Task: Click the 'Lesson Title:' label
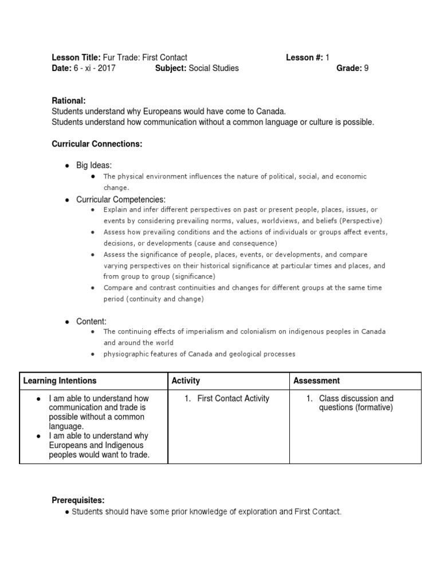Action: click(x=76, y=57)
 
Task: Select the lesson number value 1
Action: click(x=327, y=57)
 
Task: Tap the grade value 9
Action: click(x=366, y=68)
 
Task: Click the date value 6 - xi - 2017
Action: click(x=95, y=68)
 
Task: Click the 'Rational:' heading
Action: click(x=68, y=101)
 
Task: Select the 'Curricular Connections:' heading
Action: click(x=97, y=144)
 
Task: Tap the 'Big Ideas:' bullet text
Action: click(x=94, y=165)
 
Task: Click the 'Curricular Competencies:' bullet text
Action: click(x=121, y=199)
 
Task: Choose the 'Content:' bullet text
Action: click(x=91, y=322)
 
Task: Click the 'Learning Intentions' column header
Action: click(x=60, y=381)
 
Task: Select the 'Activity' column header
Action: click(x=186, y=381)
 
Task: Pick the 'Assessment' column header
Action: click(x=316, y=381)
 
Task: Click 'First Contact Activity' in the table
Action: click(x=233, y=398)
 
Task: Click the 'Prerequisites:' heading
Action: click(x=78, y=500)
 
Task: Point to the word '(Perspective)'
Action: click(x=360, y=221)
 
